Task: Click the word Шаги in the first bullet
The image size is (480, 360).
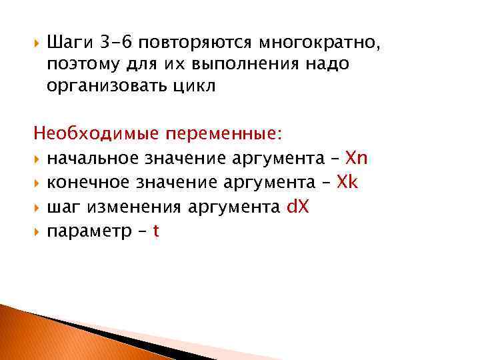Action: [71, 43]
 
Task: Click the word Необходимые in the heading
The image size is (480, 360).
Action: [96, 134]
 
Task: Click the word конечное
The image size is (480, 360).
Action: [89, 182]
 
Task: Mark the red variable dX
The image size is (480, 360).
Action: [297, 207]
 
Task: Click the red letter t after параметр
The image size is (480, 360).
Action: [155, 231]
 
